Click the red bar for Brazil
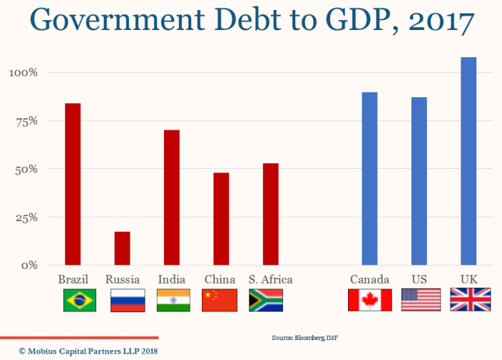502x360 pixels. click(73, 184)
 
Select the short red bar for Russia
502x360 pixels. click(122, 248)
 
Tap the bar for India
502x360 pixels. click(171, 197)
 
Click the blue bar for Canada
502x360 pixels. click(369, 178)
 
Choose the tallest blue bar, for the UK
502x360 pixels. click(468, 161)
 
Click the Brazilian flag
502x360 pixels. click(80, 300)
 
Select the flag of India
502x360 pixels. click(173, 300)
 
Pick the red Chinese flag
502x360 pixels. click(220, 300)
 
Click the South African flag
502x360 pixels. click(265, 300)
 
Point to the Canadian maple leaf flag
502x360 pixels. click(369, 300)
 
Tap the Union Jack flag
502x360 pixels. click(468, 300)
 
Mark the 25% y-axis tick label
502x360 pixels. click(26, 217)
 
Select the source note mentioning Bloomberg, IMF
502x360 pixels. click(304, 337)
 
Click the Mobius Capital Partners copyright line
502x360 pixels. click(88, 351)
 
